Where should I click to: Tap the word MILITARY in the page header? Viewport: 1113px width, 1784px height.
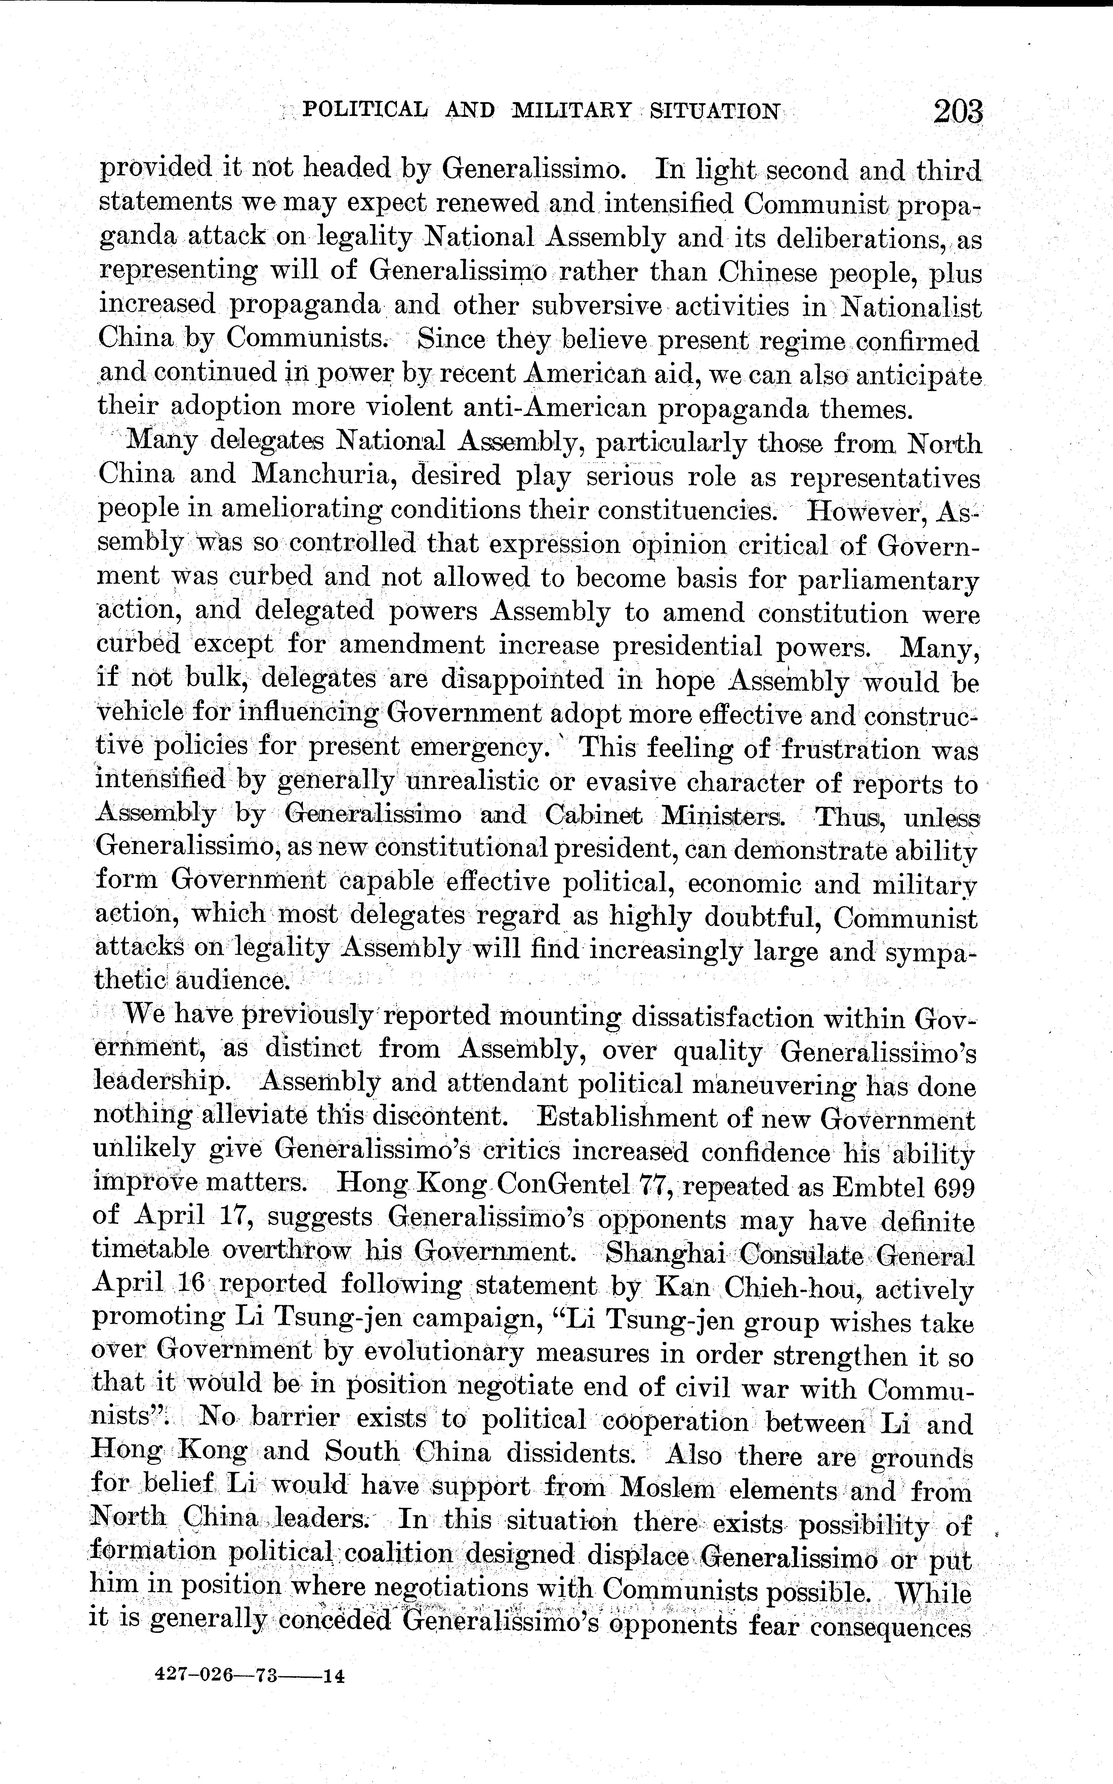(571, 111)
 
